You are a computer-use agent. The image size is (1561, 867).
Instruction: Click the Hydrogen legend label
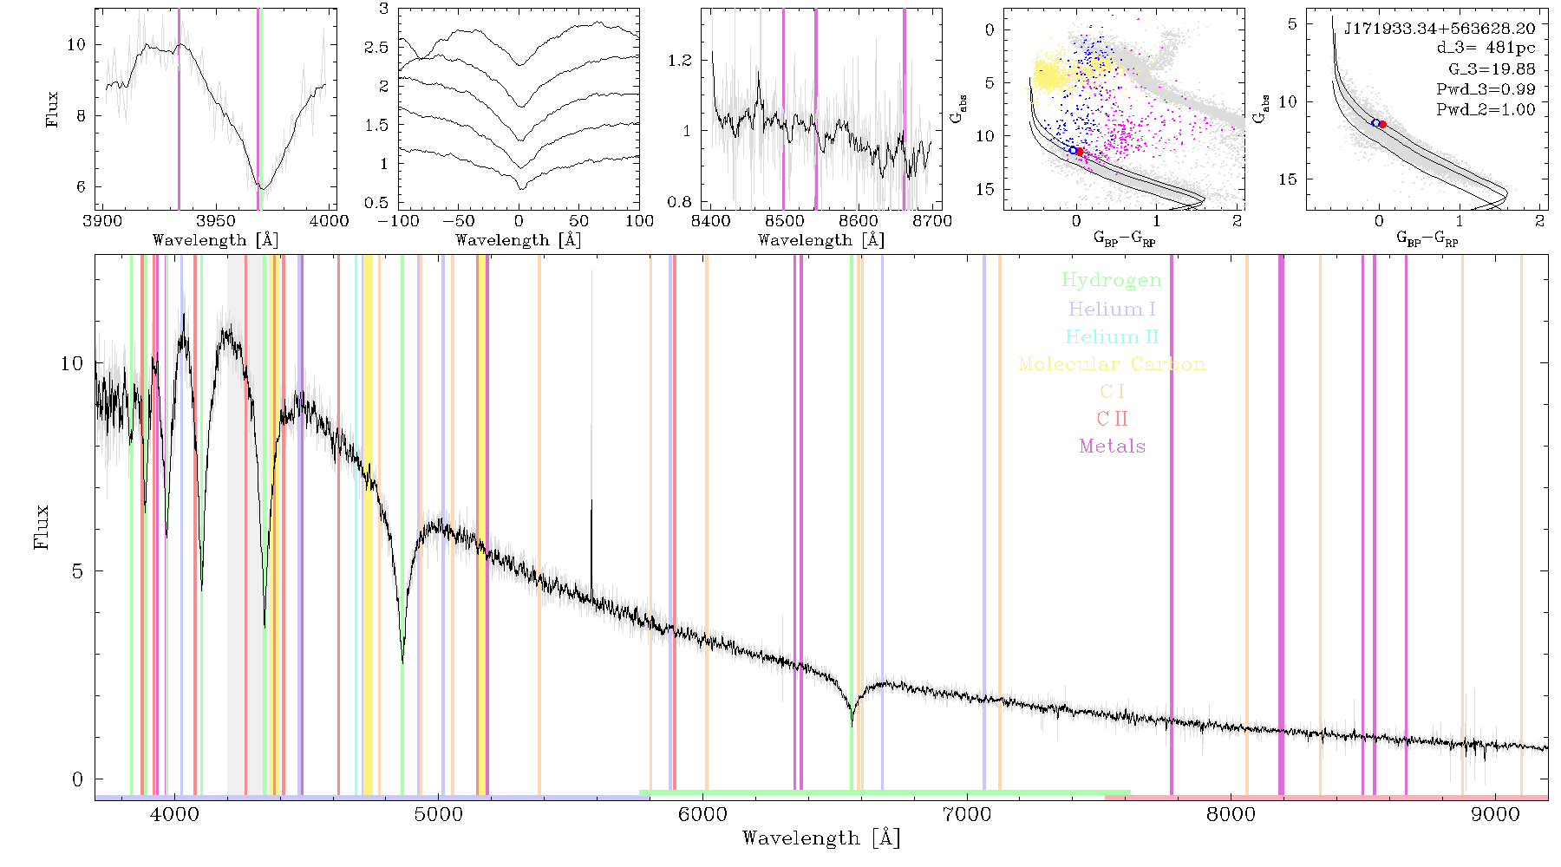(x=1111, y=281)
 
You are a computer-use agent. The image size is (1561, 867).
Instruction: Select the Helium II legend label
(x=1112, y=336)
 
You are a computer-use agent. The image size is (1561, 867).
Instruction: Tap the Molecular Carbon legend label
(x=1112, y=364)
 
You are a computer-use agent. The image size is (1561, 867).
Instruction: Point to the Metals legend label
(x=1113, y=447)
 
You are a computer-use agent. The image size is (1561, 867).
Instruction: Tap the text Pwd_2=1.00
(x=1486, y=109)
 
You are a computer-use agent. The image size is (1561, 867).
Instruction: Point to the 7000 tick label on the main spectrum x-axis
(x=967, y=814)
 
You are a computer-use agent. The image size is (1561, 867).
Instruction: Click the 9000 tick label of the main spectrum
(x=1495, y=814)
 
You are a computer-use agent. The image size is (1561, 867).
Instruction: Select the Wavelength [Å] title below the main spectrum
(x=821, y=838)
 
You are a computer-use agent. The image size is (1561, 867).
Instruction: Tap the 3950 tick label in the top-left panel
(x=216, y=221)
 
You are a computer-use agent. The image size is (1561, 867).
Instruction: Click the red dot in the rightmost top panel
(x=1382, y=125)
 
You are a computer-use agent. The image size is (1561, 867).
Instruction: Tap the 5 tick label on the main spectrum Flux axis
(x=77, y=571)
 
